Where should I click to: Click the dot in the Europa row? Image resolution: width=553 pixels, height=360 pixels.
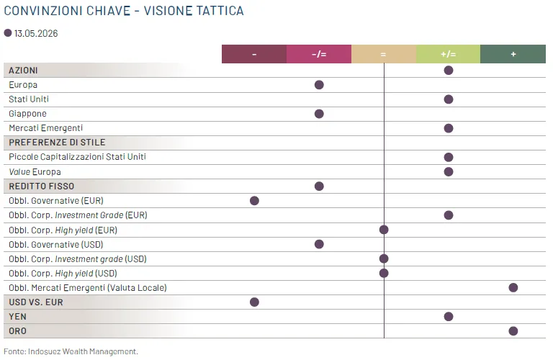click(x=319, y=85)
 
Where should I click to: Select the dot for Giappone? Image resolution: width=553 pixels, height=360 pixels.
click(x=319, y=114)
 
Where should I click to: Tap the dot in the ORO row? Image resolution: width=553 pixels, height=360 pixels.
click(x=513, y=331)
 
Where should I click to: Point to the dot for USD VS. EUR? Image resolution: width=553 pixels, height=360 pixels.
click(x=254, y=302)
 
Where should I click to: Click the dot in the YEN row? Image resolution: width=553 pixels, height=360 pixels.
click(x=449, y=317)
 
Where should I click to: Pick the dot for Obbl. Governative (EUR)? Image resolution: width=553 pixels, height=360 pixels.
click(x=254, y=201)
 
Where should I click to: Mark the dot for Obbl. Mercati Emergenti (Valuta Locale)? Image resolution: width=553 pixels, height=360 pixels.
click(x=513, y=288)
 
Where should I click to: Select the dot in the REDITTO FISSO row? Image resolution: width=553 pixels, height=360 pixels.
click(x=319, y=186)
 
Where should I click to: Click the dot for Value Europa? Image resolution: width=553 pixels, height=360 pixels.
click(x=449, y=171)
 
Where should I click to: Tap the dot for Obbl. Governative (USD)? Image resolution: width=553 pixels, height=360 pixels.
click(x=319, y=244)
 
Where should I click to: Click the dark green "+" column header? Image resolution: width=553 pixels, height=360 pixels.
click(x=513, y=54)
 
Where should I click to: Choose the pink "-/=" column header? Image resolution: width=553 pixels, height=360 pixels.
click(x=319, y=54)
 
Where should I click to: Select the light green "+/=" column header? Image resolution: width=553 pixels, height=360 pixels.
click(x=449, y=54)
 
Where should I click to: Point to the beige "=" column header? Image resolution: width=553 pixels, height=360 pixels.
click(x=384, y=54)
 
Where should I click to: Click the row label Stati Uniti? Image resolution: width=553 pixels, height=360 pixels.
click(x=29, y=99)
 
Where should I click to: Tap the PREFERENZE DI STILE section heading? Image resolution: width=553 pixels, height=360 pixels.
click(x=57, y=143)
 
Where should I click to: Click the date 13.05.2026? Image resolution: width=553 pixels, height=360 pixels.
click(x=36, y=34)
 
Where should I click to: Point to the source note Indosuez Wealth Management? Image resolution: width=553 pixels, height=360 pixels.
click(x=83, y=351)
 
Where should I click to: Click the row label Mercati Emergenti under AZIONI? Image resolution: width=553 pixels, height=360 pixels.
click(x=46, y=128)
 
